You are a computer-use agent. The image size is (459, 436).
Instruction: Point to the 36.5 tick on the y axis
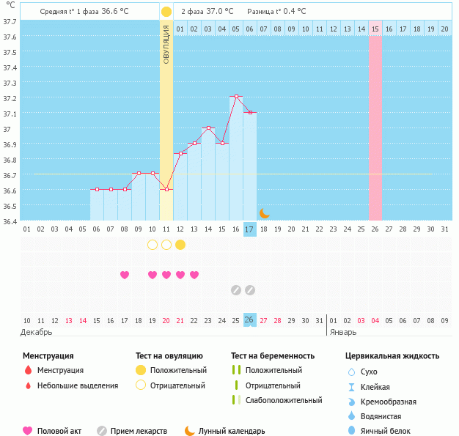pyautogui.click(x=10, y=206)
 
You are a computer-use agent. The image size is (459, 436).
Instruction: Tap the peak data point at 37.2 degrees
pyautogui.click(x=236, y=97)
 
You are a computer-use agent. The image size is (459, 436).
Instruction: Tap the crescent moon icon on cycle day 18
pyautogui.click(x=265, y=213)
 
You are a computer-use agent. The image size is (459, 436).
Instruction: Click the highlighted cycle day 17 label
pyautogui.click(x=250, y=229)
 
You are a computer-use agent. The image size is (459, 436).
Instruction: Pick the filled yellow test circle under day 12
pyautogui.click(x=180, y=244)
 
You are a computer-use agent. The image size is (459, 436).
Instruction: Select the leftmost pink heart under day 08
pyautogui.click(x=125, y=275)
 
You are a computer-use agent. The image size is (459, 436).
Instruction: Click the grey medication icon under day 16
pyautogui.click(x=236, y=290)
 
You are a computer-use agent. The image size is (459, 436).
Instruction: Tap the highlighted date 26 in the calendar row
pyautogui.click(x=250, y=320)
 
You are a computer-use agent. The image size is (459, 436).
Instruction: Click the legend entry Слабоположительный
pyautogui.click(x=283, y=400)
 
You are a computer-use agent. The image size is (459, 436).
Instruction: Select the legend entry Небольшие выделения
pyautogui.click(x=77, y=385)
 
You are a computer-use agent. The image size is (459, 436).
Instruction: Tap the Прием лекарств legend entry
pyautogui.click(x=138, y=431)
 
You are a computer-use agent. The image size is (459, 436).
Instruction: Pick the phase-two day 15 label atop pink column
pyautogui.click(x=375, y=29)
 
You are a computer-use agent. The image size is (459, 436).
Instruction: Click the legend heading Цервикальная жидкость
pyautogui.click(x=392, y=356)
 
